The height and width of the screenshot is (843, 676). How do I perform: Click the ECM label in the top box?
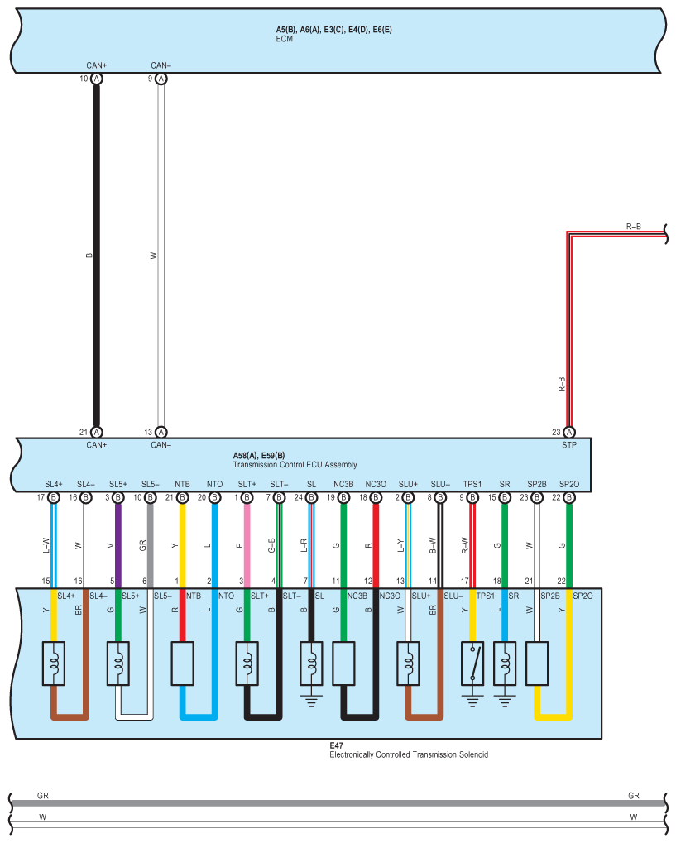click(x=285, y=38)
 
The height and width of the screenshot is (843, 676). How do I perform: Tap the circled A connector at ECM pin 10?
click(x=97, y=79)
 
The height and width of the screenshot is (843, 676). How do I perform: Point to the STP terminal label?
click(x=568, y=444)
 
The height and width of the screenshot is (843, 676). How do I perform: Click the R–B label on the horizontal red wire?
click(x=634, y=226)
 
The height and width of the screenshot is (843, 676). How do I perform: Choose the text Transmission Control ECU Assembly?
click(x=295, y=464)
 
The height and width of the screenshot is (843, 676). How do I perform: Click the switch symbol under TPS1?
click(x=472, y=663)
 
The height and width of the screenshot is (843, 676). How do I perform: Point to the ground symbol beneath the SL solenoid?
click(x=311, y=700)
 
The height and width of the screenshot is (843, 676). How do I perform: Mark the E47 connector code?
click(x=336, y=745)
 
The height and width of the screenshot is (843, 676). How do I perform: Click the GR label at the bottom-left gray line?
click(x=43, y=795)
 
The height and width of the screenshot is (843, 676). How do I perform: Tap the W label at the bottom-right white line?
click(x=634, y=816)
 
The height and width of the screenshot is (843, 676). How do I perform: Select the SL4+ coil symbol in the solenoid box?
click(x=53, y=663)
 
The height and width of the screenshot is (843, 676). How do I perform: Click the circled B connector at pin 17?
click(x=53, y=497)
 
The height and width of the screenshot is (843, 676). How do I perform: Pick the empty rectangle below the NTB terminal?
click(x=182, y=663)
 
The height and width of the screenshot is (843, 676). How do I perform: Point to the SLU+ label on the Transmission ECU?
click(x=408, y=484)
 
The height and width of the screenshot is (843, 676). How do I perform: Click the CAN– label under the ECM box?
click(x=161, y=65)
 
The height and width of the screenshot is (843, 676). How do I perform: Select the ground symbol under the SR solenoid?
click(x=504, y=700)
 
